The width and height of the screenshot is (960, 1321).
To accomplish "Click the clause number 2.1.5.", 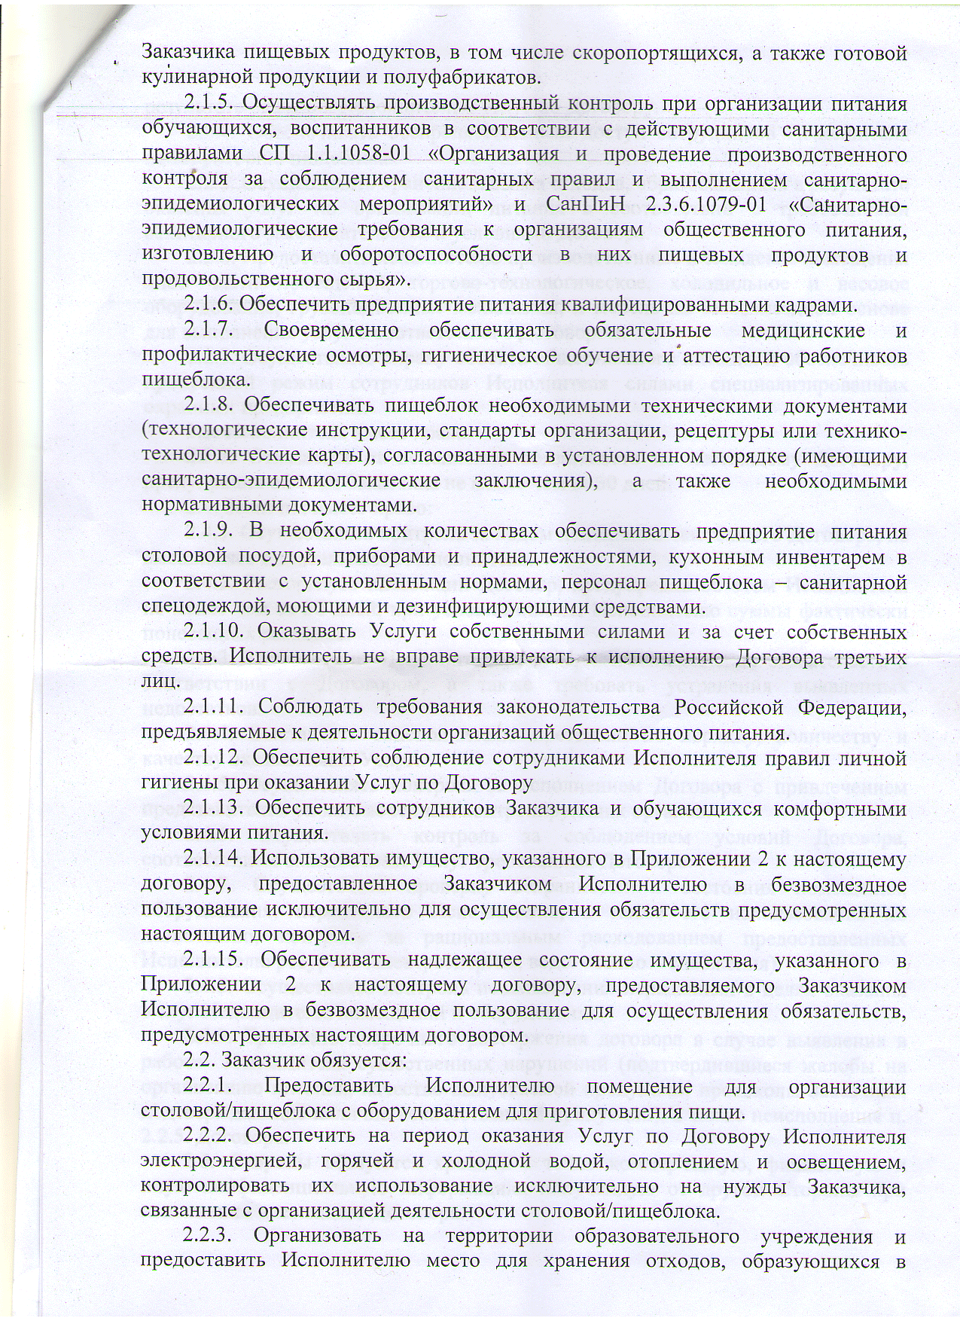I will pos(209,103).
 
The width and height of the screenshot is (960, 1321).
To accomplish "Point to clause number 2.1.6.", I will pos(209,305).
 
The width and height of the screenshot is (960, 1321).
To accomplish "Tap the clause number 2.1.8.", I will pos(209,406).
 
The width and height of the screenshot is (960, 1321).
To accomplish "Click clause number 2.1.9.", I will pos(209,532).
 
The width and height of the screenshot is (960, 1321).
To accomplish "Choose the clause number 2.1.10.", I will pos(214,632).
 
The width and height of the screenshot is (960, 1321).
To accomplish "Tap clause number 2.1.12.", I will pos(214,758).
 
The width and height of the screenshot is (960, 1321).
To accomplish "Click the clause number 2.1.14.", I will pos(214,859).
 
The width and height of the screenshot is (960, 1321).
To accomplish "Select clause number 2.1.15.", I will pos(214,960).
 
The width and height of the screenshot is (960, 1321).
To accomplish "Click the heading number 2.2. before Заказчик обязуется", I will pos(199,1060).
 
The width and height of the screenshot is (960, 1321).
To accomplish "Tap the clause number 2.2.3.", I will pos(209,1237).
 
